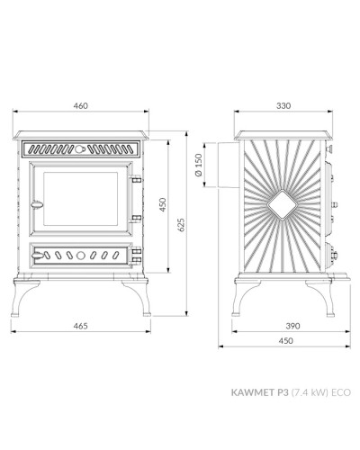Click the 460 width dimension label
coord(81,106)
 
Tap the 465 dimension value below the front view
coord(81,326)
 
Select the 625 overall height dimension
coord(181,225)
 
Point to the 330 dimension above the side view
coord(283,106)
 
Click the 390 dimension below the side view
coord(292,326)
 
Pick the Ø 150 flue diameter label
coord(199,165)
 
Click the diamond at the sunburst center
coord(282,205)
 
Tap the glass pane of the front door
coord(80,199)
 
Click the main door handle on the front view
coord(37,205)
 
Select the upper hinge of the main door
coord(136,179)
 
